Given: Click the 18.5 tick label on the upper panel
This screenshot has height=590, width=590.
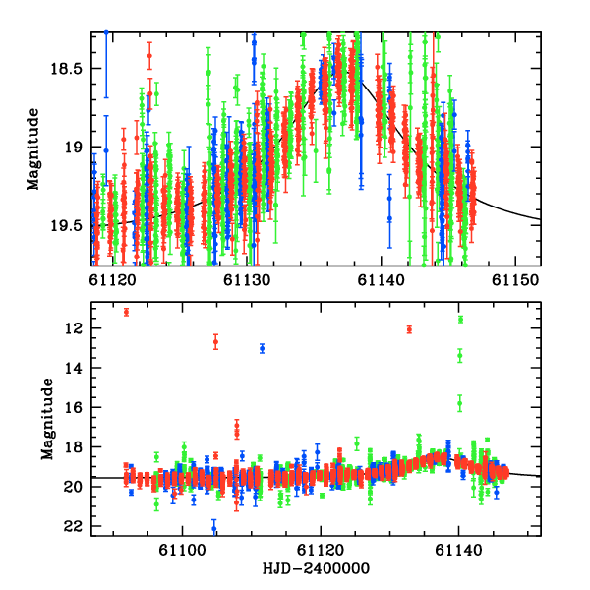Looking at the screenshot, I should tap(69, 69).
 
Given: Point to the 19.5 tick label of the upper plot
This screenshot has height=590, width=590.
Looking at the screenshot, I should tap(69, 225).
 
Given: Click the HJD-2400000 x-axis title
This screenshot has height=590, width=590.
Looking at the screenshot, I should tap(315, 569).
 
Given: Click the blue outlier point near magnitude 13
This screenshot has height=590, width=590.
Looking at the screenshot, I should tap(262, 348).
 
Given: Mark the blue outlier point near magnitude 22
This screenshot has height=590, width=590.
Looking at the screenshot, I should tap(214, 529).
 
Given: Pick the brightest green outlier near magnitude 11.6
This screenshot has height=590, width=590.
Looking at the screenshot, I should tap(460, 320).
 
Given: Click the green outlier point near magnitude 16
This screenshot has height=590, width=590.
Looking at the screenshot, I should tap(459, 403).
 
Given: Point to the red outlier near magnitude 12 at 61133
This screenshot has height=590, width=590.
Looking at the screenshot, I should tap(409, 329).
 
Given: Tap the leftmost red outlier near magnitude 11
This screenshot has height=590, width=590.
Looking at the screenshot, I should tap(126, 312).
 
